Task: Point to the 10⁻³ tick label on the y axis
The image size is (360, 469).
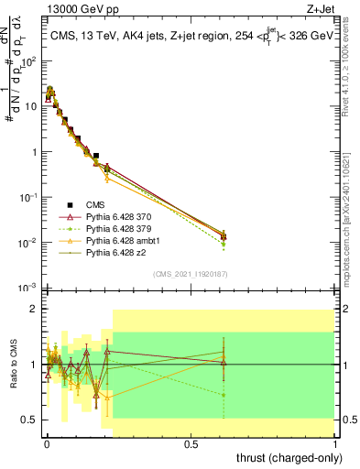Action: tap(27, 288)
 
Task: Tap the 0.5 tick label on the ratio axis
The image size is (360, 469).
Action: tap(29, 420)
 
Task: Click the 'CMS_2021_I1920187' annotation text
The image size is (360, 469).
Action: tap(191, 273)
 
